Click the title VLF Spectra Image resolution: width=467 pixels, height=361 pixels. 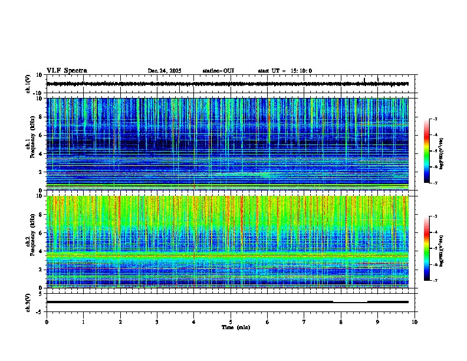[67, 71]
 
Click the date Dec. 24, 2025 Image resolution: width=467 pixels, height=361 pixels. [164, 71]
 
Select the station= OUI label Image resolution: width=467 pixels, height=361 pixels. [218, 71]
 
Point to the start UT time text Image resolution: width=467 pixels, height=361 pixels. [285, 71]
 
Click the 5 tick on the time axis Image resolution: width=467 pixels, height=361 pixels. [231, 321]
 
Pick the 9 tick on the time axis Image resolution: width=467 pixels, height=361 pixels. [378, 321]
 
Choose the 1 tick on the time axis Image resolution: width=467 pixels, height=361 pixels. [83, 321]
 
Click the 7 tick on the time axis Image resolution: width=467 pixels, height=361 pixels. [304, 321]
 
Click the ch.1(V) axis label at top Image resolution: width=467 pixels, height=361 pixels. [28, 84]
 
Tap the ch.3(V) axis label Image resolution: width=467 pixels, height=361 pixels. [28, 301]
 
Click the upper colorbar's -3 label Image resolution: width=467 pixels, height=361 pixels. [435, 119]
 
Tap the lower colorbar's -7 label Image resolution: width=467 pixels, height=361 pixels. [435, 281]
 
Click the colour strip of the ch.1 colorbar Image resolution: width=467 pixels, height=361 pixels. [427, 151]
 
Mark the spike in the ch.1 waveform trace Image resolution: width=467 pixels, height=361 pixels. [364, 79]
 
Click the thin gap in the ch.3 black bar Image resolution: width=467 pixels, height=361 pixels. [350, 301]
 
